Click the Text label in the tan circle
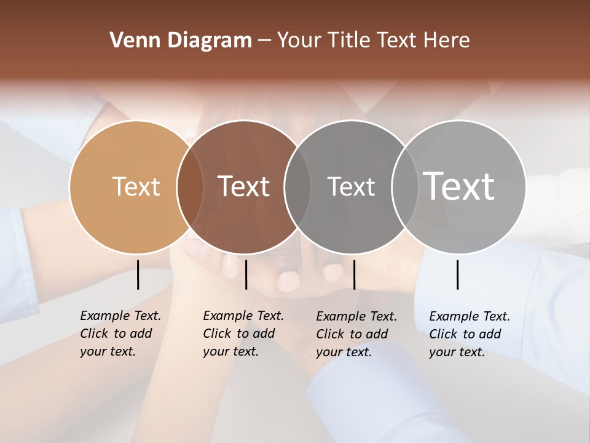(x=136, y=186)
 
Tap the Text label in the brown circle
(x=243, y=186)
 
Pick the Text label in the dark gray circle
(x=351, y=186)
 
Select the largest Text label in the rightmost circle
(x=459, y=186)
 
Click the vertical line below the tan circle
(x=138, y=274)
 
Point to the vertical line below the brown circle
(x=246, y=274)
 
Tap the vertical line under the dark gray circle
(x=354, y=274)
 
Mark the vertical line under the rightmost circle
(x=458, y=274)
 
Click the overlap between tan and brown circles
(x=190, y=187)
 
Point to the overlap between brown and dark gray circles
(x=297, y=187)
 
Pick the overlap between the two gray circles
(x=405, y=187)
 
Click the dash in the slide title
(x=264, y=41)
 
